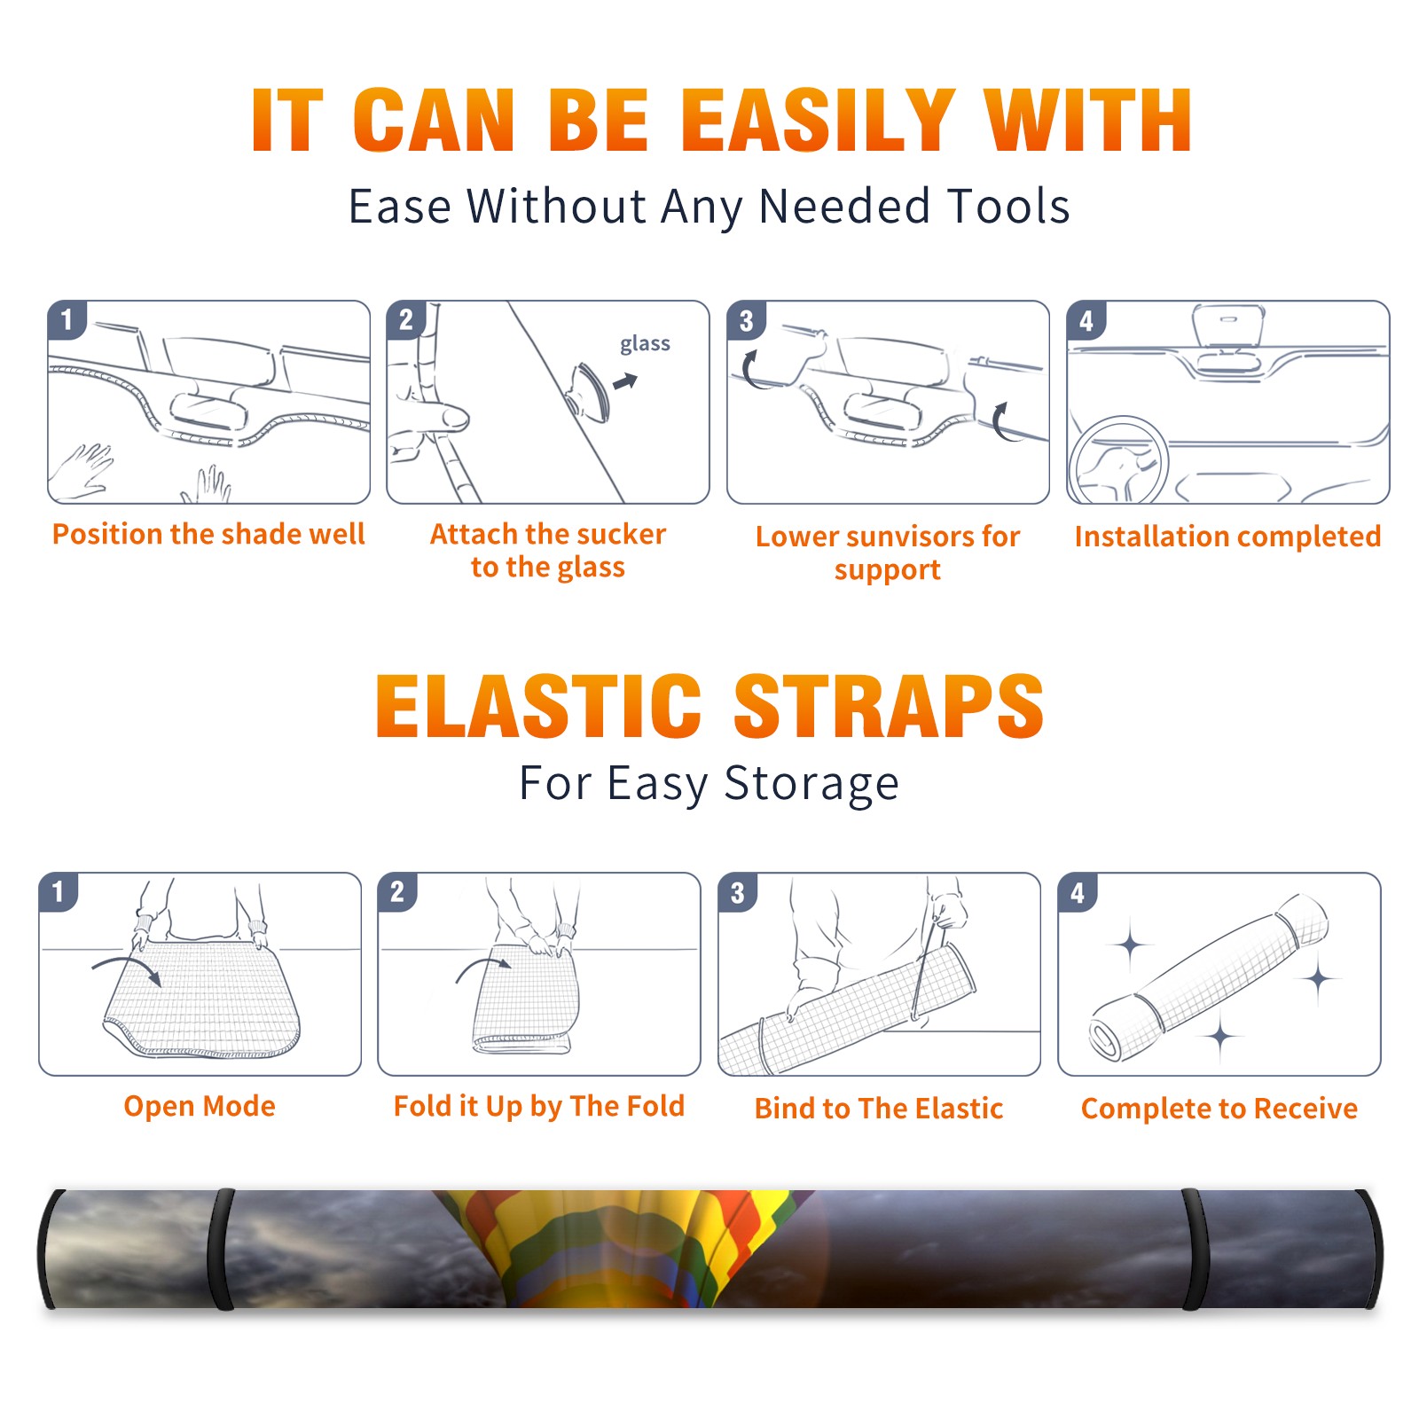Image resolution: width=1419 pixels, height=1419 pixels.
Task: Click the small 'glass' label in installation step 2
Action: [645, 344]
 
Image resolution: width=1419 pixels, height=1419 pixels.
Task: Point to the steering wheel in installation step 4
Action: [1117, 460]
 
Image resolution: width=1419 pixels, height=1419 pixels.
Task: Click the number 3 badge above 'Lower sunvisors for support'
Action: [746, 320]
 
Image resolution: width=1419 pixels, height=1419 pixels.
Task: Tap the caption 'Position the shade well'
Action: [208, 534]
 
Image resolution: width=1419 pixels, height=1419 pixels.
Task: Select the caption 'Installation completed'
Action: [1227, 537]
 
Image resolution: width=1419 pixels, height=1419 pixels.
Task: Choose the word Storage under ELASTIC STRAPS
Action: [811, 784]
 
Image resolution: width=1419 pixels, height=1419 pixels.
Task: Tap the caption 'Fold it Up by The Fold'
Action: [539, 1106]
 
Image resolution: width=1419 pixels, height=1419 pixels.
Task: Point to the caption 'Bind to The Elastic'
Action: [879, 1109]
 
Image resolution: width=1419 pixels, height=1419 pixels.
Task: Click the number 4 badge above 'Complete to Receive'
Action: [1078, 892]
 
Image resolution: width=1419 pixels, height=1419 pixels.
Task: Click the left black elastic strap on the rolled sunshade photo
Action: [221, 1249]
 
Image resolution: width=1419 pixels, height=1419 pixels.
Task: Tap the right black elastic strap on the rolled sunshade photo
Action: [1196, 1249]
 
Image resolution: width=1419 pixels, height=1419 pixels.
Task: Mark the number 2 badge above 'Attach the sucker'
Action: [406, 320]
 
